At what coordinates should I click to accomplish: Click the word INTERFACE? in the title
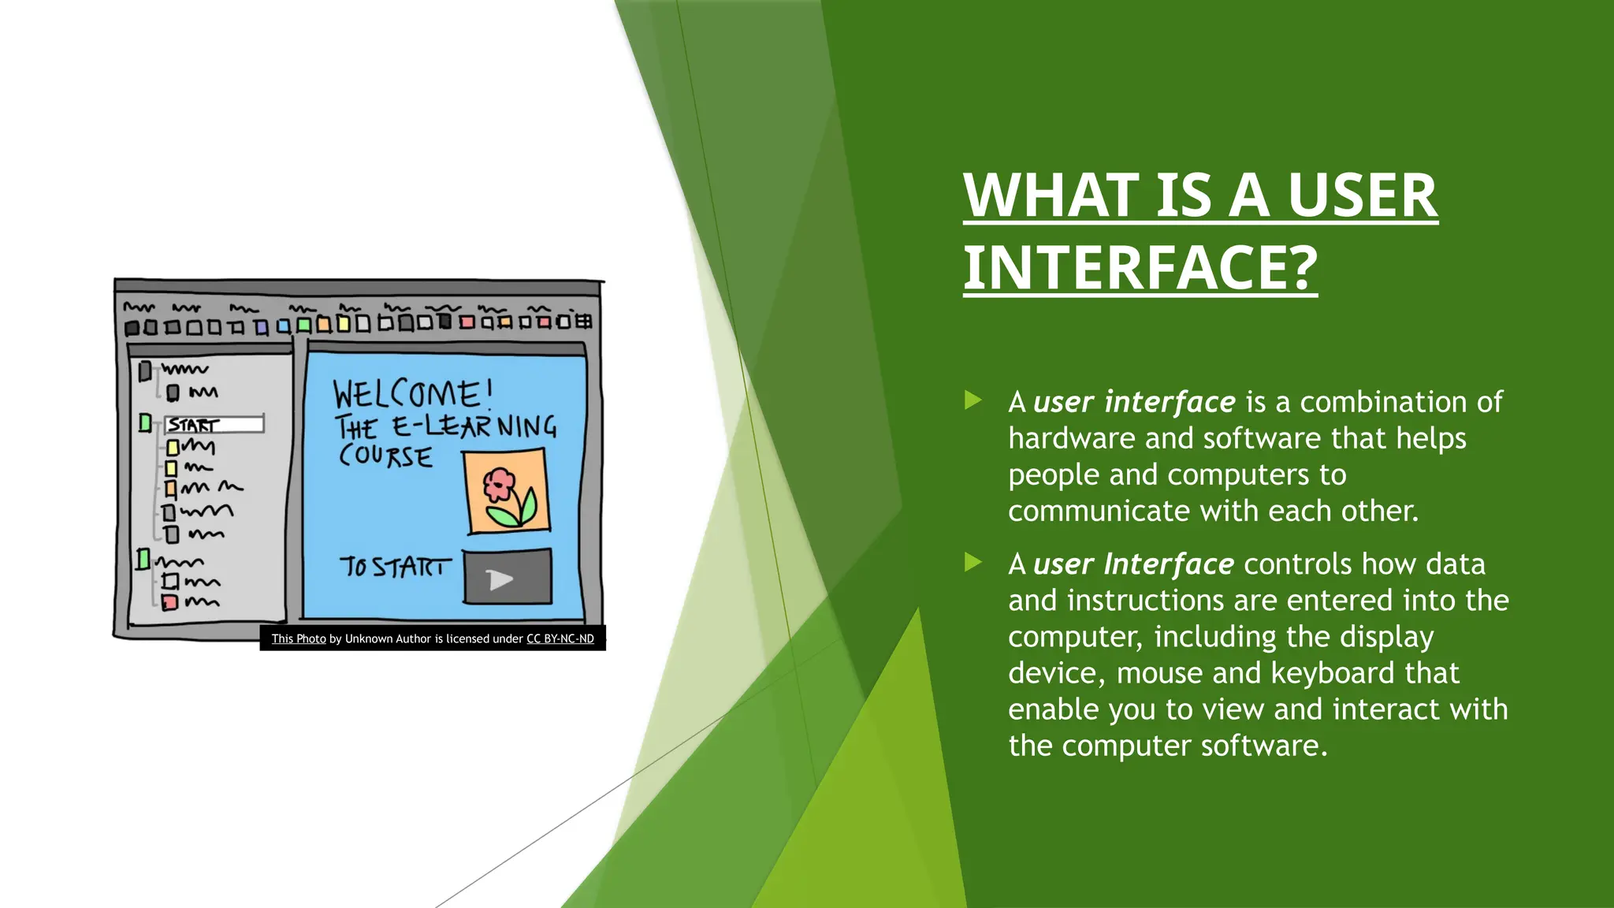[1140, 268]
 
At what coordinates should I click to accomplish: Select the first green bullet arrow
[973, 400]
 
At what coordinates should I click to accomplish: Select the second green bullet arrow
[973, 563]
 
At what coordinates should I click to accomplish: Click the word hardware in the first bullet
[1072, 438]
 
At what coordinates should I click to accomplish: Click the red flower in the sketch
[499, 484]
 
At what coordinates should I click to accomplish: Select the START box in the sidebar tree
[214, 425]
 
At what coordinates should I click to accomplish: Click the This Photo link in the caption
[299, 638]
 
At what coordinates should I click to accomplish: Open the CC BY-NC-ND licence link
[560, 638]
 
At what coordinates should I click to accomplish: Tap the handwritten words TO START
[396, 567]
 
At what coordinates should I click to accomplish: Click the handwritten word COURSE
[385, 456]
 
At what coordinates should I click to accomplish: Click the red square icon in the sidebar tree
[169, 603]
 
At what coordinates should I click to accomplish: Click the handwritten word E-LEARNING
[474, 426]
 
